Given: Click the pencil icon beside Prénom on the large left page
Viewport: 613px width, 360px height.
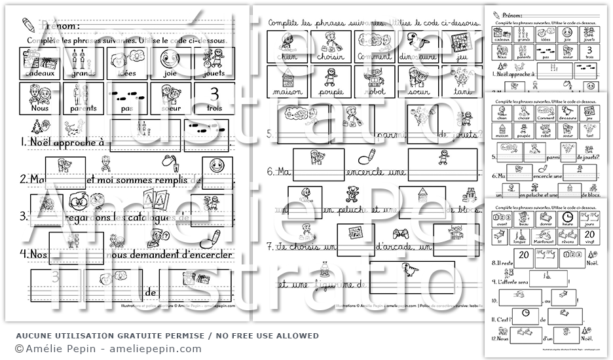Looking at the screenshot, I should (x=27, y=24).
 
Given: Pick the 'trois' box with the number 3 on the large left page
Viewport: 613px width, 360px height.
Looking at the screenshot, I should (x=214, y=98).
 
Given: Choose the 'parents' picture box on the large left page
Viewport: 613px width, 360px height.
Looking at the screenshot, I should (x=81, y=98).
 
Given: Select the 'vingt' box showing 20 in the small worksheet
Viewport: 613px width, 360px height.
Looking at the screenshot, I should (x=588, y=236).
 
